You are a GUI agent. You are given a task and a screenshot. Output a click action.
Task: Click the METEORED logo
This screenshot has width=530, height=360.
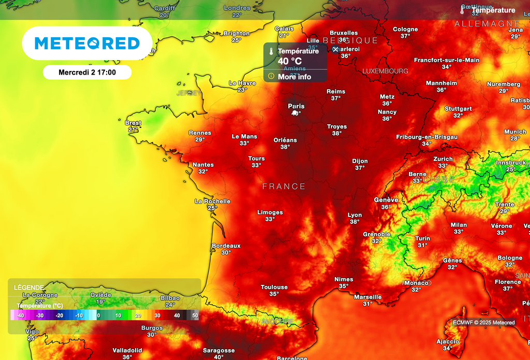click(x=87, y=43)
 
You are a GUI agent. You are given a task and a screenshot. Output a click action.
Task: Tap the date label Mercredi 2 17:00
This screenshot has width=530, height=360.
click(x=87, y=73)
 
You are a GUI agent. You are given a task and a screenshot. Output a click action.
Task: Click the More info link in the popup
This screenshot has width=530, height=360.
click(x=295, y=77)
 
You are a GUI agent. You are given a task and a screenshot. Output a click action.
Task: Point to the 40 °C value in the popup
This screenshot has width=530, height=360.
click(x=290, y=61)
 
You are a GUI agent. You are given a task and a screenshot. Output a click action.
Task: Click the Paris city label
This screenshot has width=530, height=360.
click(x=296, y=106)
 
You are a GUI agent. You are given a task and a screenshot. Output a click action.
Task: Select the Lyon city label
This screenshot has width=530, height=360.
click(x=355, y=215)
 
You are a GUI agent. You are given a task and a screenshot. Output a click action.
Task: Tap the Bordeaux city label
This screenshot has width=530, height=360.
click(x=226, y=246)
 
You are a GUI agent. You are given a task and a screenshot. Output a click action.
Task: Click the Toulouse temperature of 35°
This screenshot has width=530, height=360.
click(x=274, y=294)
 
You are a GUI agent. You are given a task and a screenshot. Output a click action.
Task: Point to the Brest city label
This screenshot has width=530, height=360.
click(x=133, y=123)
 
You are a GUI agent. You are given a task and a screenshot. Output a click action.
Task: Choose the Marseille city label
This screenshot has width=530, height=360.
click(x=368, y=297)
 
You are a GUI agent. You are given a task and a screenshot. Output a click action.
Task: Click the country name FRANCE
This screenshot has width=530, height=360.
click(x=284, y=186)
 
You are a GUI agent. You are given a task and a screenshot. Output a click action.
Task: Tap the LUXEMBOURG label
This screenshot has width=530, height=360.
click(x=385, y=71)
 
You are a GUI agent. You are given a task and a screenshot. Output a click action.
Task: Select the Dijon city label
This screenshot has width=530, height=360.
click(x=360, y=161)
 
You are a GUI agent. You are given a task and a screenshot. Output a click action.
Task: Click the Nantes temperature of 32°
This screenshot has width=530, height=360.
click(x=203, y=171)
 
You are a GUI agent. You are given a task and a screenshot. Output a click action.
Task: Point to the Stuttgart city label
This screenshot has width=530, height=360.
click(x=458, y=109)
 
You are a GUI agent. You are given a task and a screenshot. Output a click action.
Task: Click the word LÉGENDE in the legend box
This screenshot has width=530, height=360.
click(x=29, y=287)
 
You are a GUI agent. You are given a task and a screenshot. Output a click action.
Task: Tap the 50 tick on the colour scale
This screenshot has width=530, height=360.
click(x=195, y=315)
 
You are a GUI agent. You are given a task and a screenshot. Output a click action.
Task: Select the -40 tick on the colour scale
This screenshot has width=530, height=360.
click(x=20, y=315)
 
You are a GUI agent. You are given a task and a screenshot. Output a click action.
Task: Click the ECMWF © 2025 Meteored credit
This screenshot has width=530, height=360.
click(x=484, y=323)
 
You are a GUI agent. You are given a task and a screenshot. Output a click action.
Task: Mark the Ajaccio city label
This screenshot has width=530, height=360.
click(x=448, y=341)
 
